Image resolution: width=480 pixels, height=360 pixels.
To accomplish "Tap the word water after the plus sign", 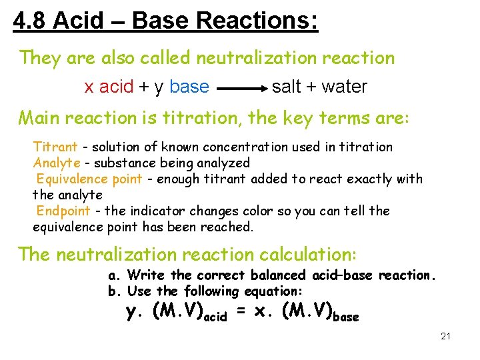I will click(345, 87).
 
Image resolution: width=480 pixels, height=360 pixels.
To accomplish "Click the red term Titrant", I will click(55, 147).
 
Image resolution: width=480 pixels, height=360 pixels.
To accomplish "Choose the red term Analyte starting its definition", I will click(57, 163).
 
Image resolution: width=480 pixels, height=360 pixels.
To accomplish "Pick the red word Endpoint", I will click(63, 211).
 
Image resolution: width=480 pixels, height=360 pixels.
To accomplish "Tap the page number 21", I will click(446, 336).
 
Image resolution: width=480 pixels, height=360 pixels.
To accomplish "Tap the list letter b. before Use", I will click(114, 291).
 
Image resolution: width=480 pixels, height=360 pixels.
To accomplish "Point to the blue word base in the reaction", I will click(189, 87).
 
